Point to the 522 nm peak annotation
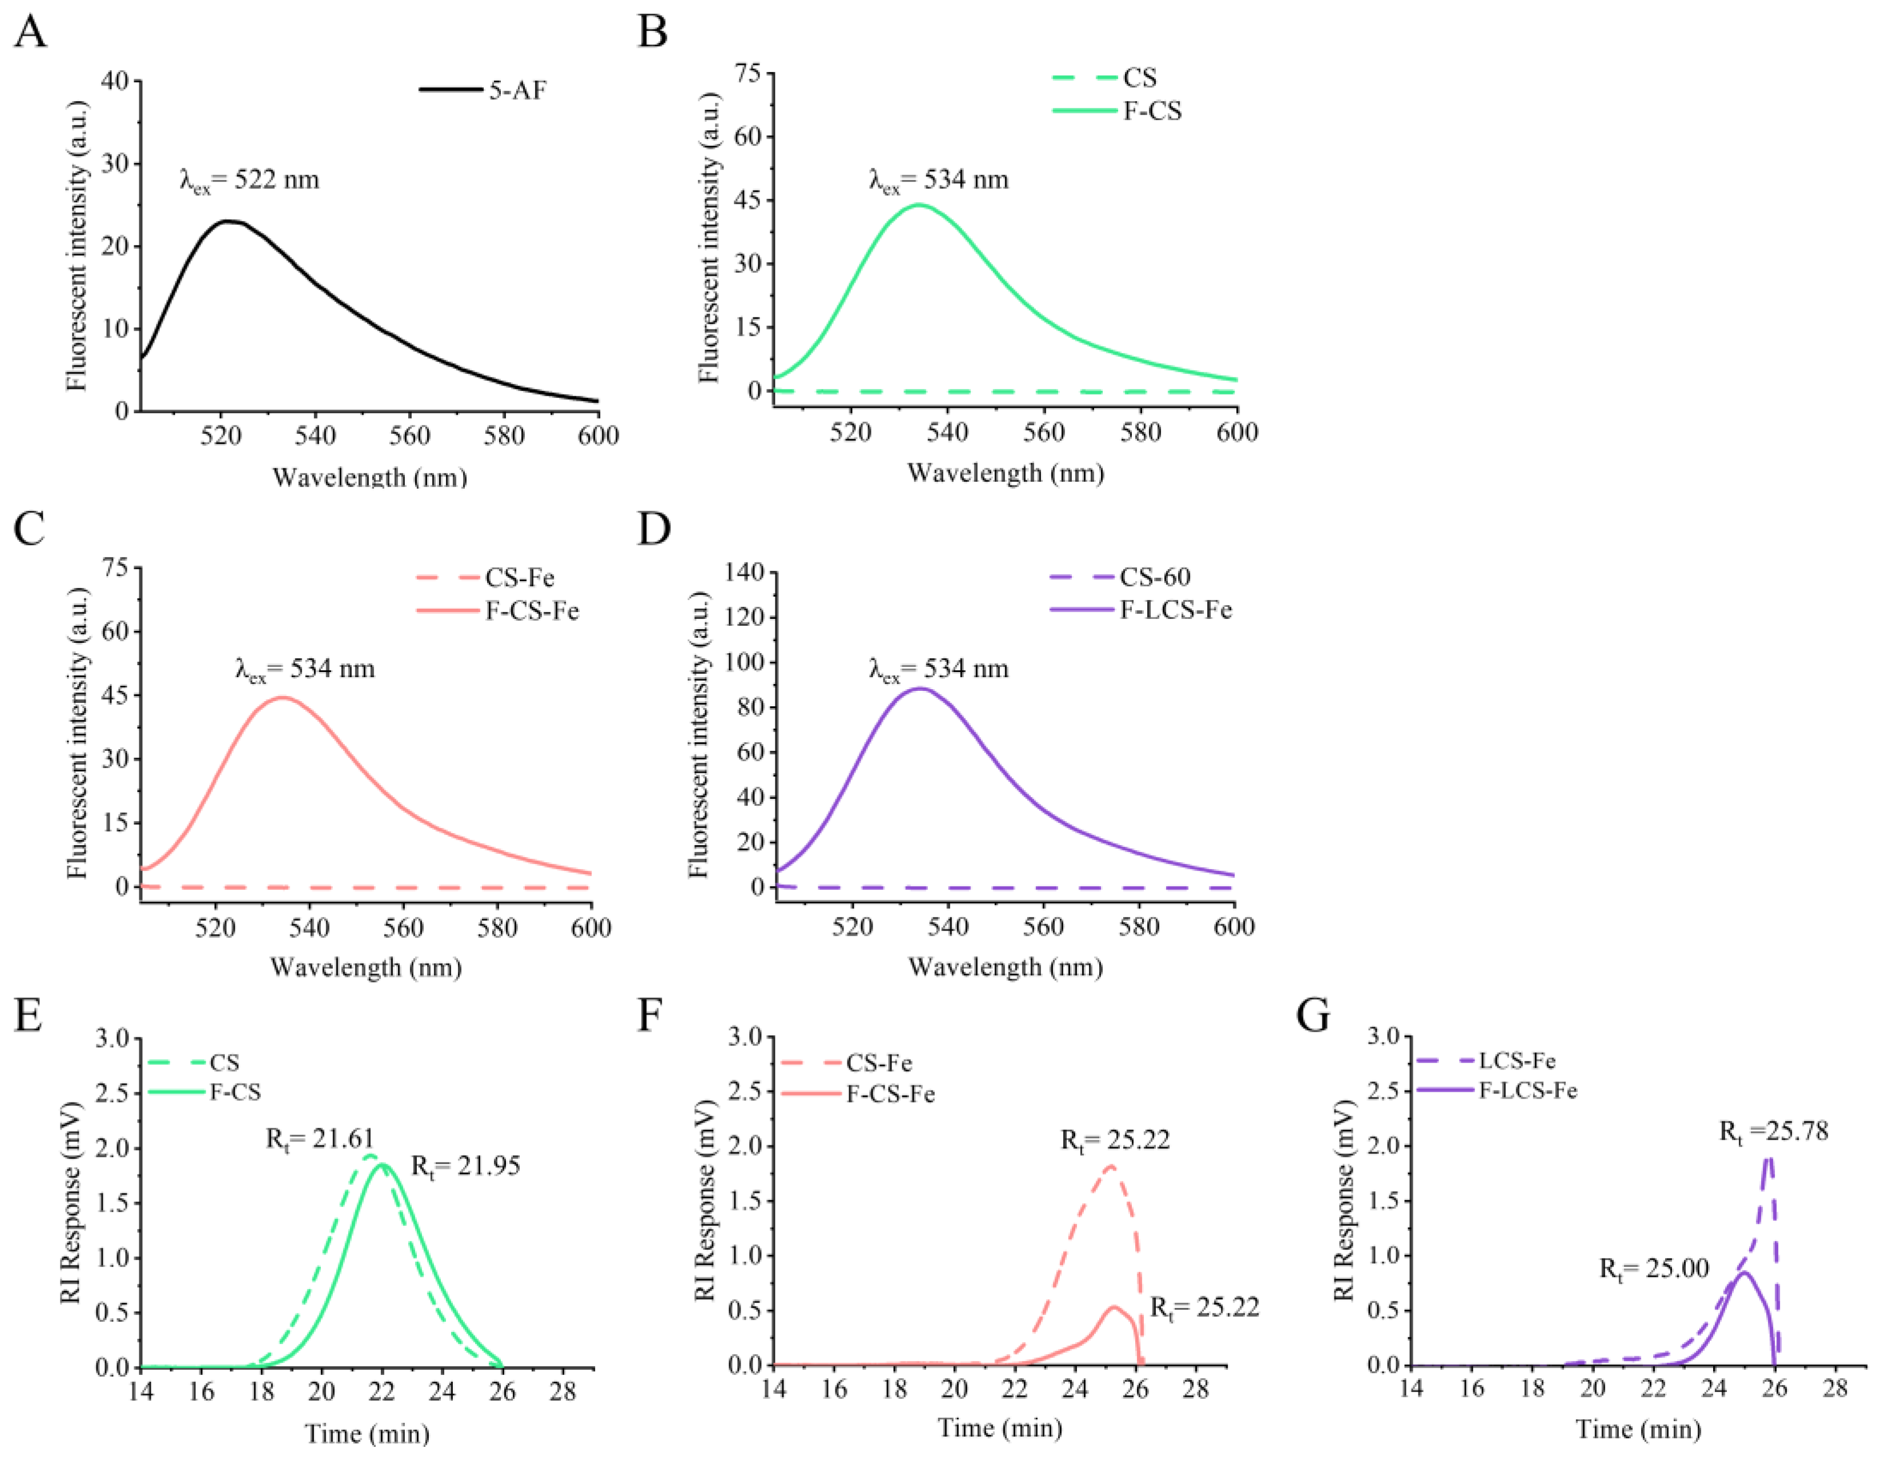point(250,181)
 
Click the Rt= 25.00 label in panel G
point(1654,1268)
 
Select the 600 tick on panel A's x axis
point(598,436)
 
